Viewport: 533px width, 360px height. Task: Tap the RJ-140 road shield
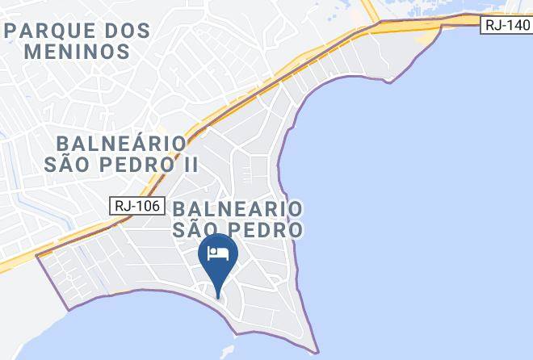(506, 26)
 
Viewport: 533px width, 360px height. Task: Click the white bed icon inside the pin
(218, 254)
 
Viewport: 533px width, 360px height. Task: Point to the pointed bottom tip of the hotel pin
(218, 295)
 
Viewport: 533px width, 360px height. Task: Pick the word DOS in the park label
(127, 31)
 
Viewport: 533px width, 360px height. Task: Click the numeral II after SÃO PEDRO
(189, 164)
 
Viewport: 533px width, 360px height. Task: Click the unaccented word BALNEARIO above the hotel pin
(239, 209)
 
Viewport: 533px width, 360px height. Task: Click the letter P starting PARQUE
(10, 31)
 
